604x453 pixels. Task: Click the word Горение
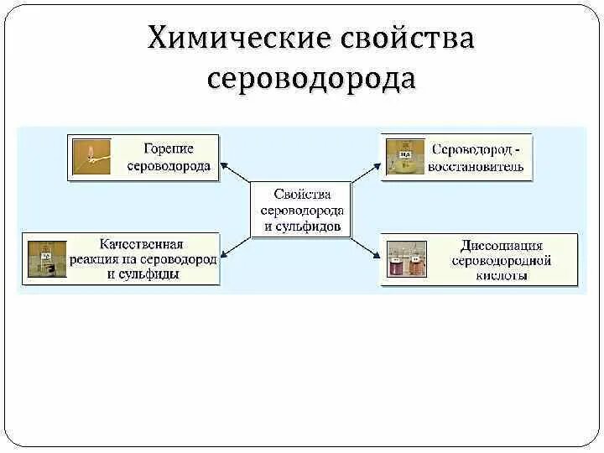169,148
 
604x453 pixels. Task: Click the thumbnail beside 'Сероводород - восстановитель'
404,156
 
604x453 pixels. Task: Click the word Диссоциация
502,246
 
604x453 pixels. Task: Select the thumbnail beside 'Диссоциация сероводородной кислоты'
406,258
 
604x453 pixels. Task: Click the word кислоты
501,275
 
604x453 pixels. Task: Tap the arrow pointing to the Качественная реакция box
236,247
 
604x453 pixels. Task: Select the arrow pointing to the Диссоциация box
367,245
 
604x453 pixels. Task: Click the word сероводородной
501,261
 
